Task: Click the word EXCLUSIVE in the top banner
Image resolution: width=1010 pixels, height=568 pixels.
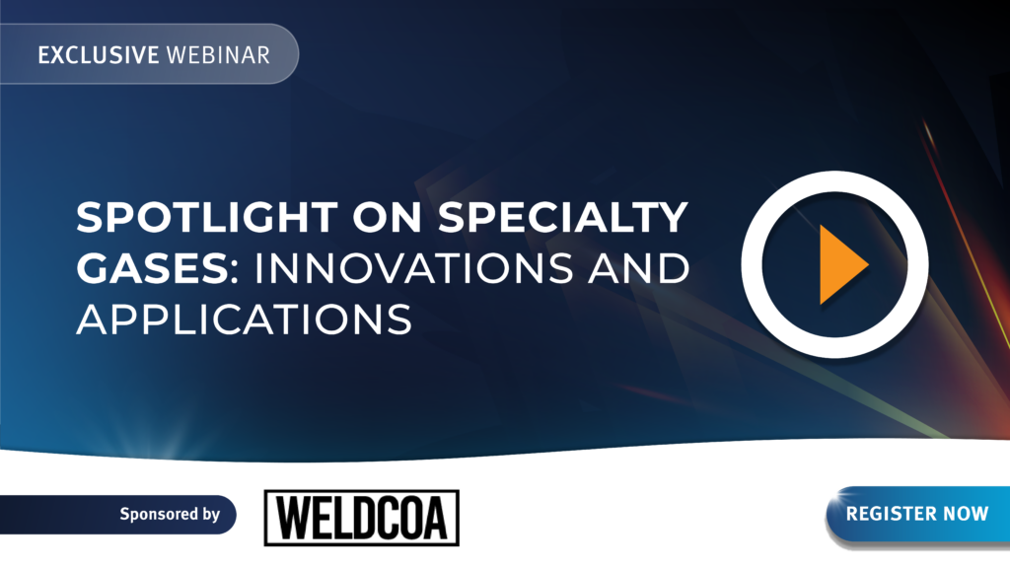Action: (99, 55)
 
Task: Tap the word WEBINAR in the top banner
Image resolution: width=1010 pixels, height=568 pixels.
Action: (218, 55)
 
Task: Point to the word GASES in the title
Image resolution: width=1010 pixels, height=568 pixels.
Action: (153, 268)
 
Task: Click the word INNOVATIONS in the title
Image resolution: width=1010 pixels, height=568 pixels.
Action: (414, 268)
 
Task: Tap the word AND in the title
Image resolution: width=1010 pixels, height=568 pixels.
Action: (638, 268)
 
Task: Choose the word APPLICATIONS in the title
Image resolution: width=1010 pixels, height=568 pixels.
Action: (245, 319)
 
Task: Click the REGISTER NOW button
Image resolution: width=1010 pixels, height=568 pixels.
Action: (918, 514)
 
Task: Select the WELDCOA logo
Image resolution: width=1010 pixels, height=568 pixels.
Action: (361, 518)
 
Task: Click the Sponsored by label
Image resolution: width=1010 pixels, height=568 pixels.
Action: (170, 514)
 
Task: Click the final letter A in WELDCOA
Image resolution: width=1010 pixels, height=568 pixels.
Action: (434, 518)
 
